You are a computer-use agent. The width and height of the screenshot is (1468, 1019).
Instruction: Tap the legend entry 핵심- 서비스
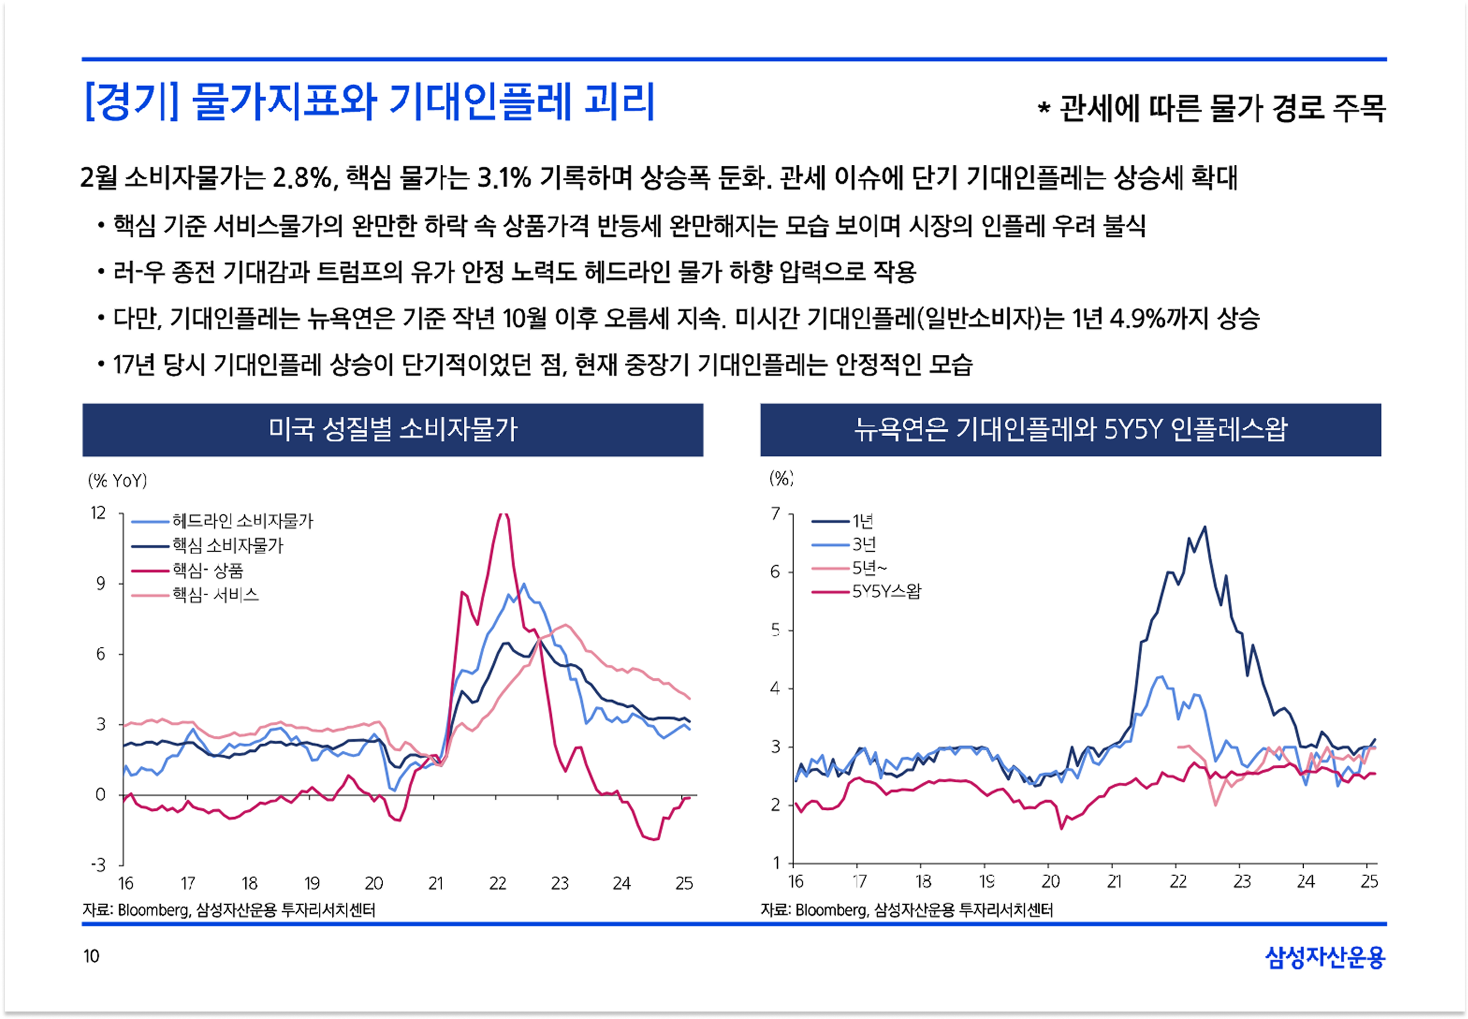pyautogui.click(x=216, y=595)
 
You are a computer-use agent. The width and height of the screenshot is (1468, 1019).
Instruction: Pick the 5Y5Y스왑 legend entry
pyautogui.click(x=886, y=591)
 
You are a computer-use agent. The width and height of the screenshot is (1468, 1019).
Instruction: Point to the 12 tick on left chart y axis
pyautogui.click(x=98, y=513)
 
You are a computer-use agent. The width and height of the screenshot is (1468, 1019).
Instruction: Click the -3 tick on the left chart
pyautogui.click(x=98, y=865)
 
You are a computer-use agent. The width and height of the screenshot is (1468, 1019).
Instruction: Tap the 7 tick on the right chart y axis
pyautogui.click(x=775, y=513)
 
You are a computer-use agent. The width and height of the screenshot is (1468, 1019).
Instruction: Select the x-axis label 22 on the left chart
pyautogui.click(x=498, y=884)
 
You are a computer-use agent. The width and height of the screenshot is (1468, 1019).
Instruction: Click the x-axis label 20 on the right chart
pyautogui.click(x=1051, y=882)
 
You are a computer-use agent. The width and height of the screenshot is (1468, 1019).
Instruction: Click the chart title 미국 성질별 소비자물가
pyautogui.click(x=393, y=430)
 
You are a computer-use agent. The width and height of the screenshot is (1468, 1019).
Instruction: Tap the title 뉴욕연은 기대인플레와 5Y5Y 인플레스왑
pyautogui.click(x=1070, y=430)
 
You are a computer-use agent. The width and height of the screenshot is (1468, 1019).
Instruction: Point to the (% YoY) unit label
pyautogui.click(x=117, y=481)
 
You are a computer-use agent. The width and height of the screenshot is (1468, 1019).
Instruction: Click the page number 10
pyautogui.click(x=91, y=956)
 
